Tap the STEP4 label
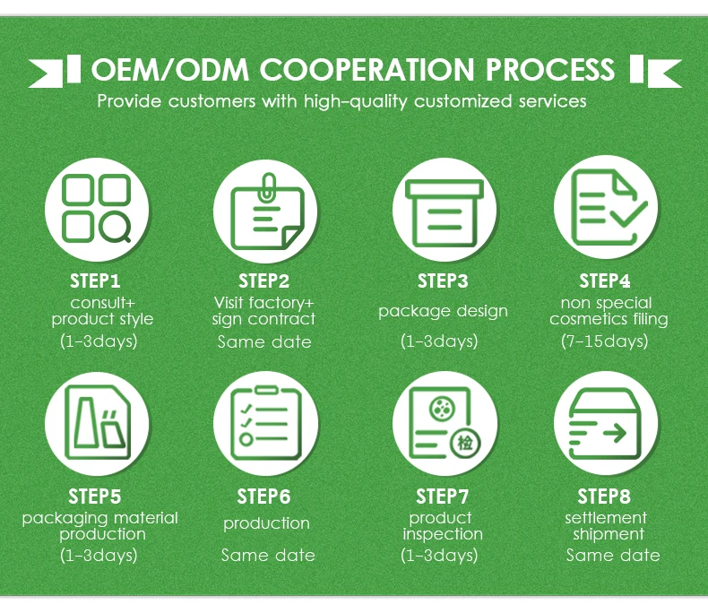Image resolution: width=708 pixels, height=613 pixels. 605,281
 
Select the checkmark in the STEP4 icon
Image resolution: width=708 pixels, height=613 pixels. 633,213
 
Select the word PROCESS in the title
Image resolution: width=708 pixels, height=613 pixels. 549,69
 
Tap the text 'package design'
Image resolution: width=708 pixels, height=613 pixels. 443,311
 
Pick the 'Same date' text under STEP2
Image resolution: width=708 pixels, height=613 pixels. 264,341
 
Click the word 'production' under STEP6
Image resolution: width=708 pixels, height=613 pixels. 266,523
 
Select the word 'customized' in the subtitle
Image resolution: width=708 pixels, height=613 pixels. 467,100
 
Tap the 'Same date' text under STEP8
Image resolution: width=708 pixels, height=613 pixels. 613,556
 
